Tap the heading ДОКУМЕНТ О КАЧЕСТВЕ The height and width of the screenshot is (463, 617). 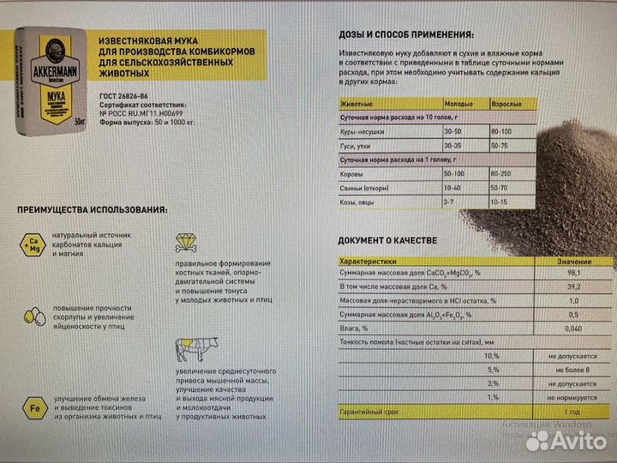tap(387, 240)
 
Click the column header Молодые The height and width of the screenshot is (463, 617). tap(458, 103)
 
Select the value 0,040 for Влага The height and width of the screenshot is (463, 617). tap(573, 328)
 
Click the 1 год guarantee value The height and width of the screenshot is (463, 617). tap(573, 412)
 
